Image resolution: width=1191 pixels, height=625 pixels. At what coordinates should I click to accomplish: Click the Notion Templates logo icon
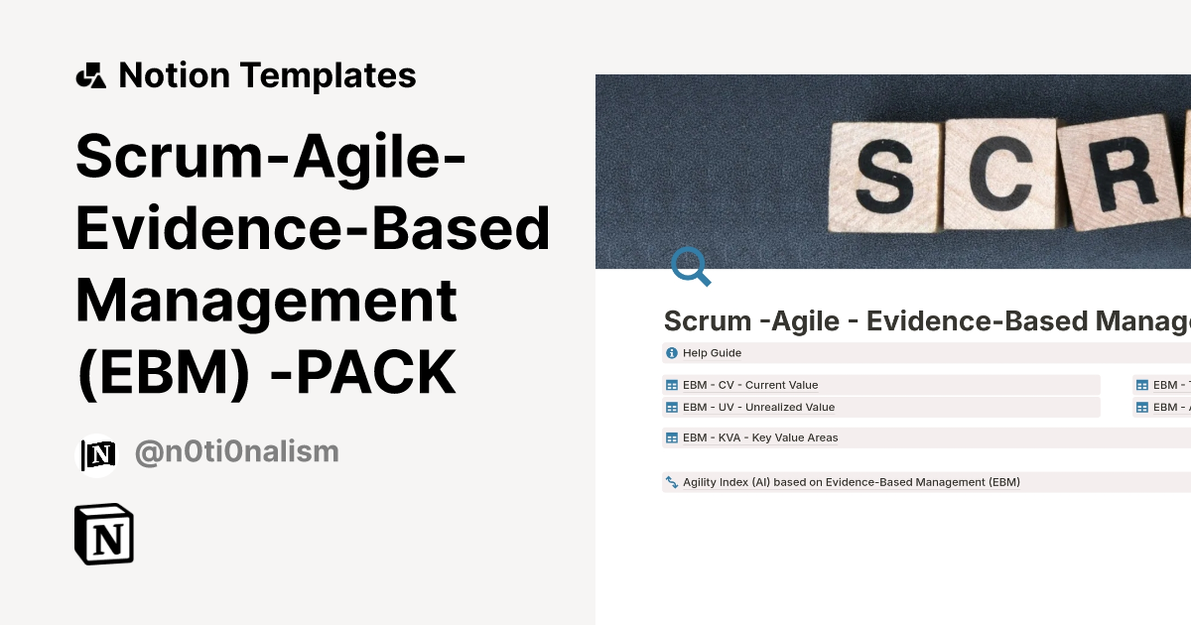coord(91,75)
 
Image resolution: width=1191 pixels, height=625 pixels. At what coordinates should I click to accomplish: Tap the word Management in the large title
coord(267,301)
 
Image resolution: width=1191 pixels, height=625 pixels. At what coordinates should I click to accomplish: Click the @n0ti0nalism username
coord(236,452)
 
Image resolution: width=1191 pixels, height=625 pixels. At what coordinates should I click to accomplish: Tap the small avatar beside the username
coord(97,454)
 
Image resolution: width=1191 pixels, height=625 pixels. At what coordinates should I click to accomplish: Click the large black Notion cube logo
coord(104,535)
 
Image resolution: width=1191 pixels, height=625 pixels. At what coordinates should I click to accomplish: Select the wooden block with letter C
coord(996,171)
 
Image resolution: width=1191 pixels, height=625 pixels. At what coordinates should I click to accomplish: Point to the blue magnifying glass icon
coord(691,267)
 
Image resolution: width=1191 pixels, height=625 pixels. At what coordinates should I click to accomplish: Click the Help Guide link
coord(712,353)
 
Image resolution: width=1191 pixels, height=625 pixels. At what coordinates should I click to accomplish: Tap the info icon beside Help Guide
coord(672,353)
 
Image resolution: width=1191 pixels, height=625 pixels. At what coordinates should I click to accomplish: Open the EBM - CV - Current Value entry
coord(750,385)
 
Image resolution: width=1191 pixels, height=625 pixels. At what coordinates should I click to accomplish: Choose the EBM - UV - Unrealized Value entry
coord(758,407)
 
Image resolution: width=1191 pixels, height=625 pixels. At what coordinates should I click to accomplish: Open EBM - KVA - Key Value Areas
coord(760,437)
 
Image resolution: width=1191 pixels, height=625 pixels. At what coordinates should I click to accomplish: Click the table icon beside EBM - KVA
coord(672,437)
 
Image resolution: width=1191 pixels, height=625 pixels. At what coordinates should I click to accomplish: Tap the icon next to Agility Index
coord(672,482)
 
